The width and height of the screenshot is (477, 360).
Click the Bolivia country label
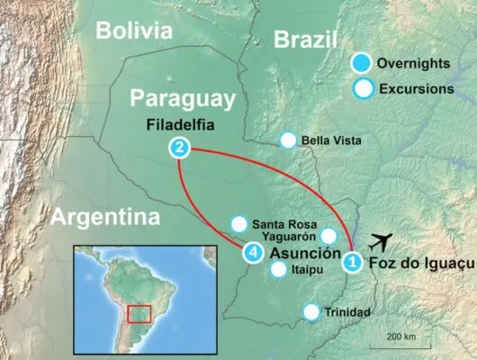(x=135, y=31)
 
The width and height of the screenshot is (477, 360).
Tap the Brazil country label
(x=305, y=40)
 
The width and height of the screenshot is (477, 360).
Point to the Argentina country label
(x=104, y=217)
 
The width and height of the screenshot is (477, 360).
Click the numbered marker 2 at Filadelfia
(x=181, y=147)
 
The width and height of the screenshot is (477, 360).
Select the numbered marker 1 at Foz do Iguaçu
(x=353, y=263)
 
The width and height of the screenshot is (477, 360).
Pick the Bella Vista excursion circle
(x=288, y=139)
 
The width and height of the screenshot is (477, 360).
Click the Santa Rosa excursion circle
(x=239, y=223)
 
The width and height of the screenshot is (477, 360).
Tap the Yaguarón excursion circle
(x=329, y=236)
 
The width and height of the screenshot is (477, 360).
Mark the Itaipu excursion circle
(x=278, y=269)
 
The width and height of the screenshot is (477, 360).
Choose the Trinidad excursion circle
(x=311, y=312)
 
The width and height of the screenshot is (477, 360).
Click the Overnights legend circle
(x=362, y=63)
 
